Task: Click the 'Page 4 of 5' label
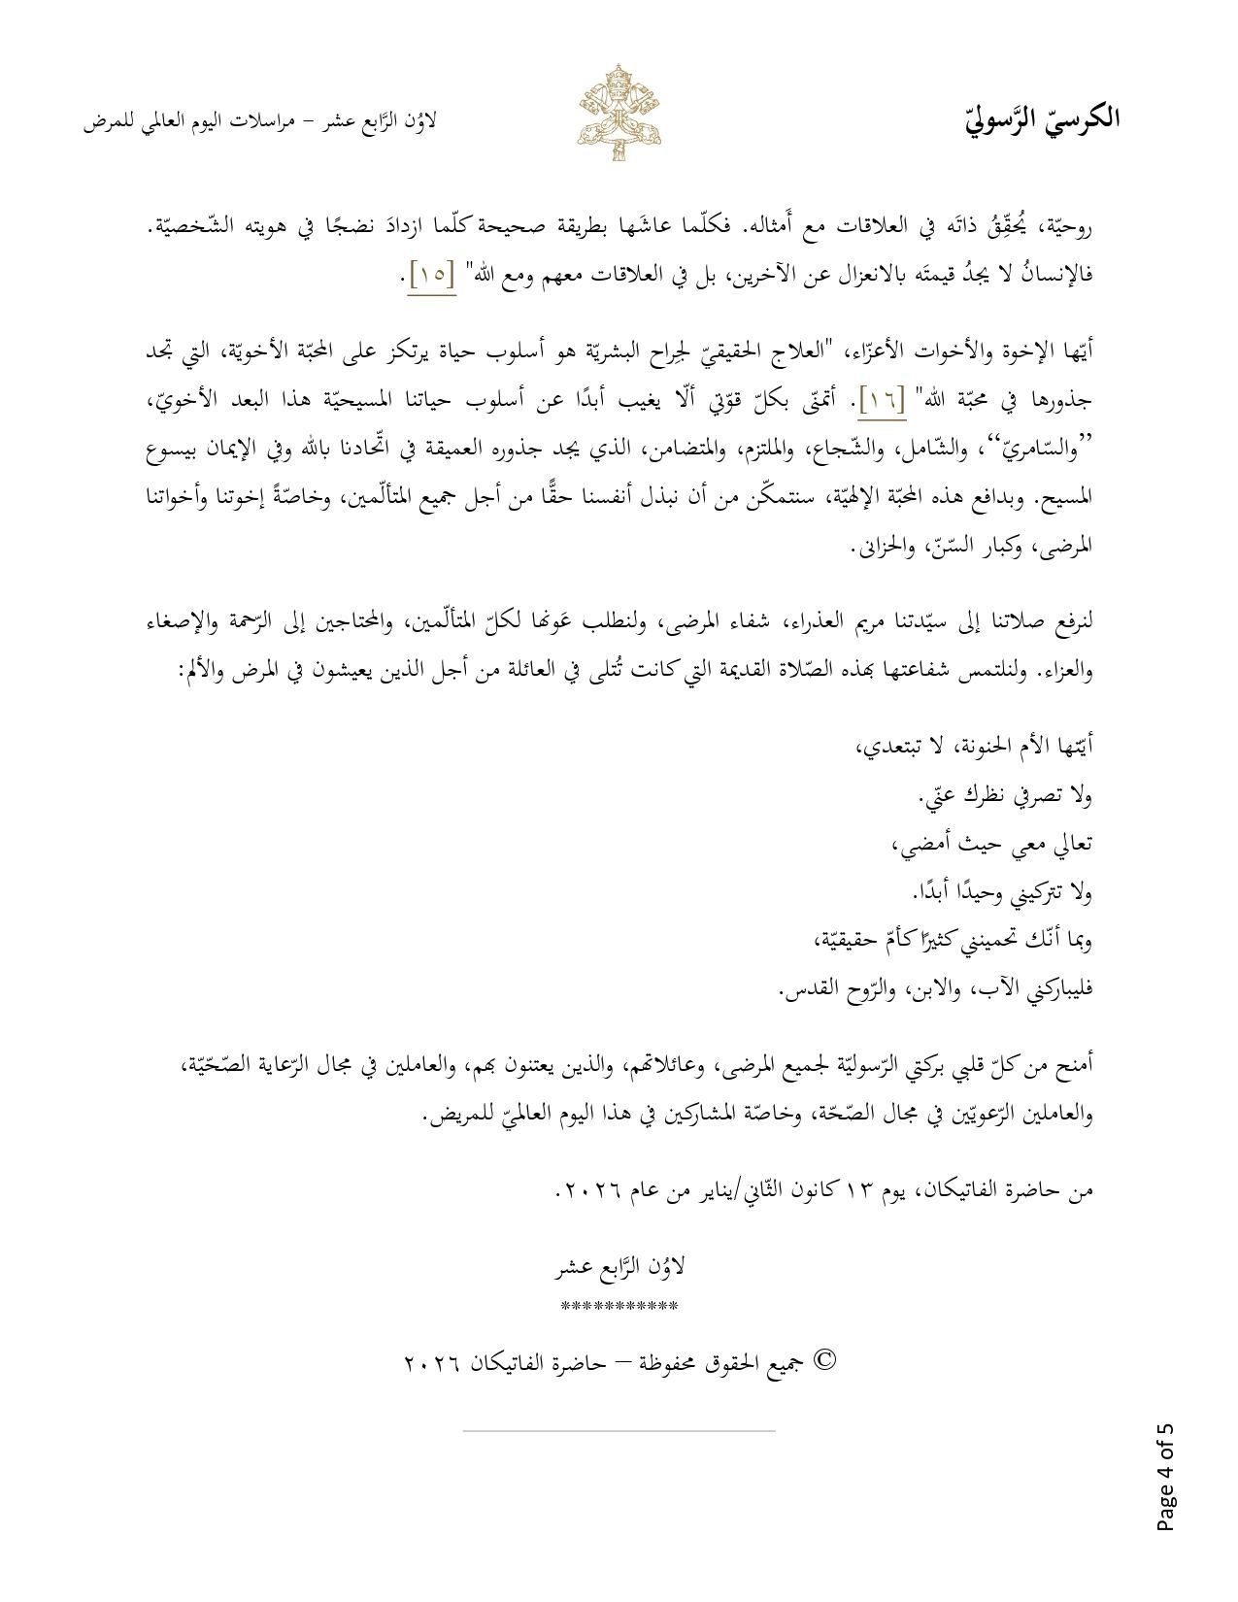(x=1165, y=1477)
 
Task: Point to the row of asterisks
(x=619, y=1307)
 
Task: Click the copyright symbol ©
(x=824, y=1360)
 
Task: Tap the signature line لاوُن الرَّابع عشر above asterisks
(x=619, y=1267)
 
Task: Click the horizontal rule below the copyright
(x=619, y=1430)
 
